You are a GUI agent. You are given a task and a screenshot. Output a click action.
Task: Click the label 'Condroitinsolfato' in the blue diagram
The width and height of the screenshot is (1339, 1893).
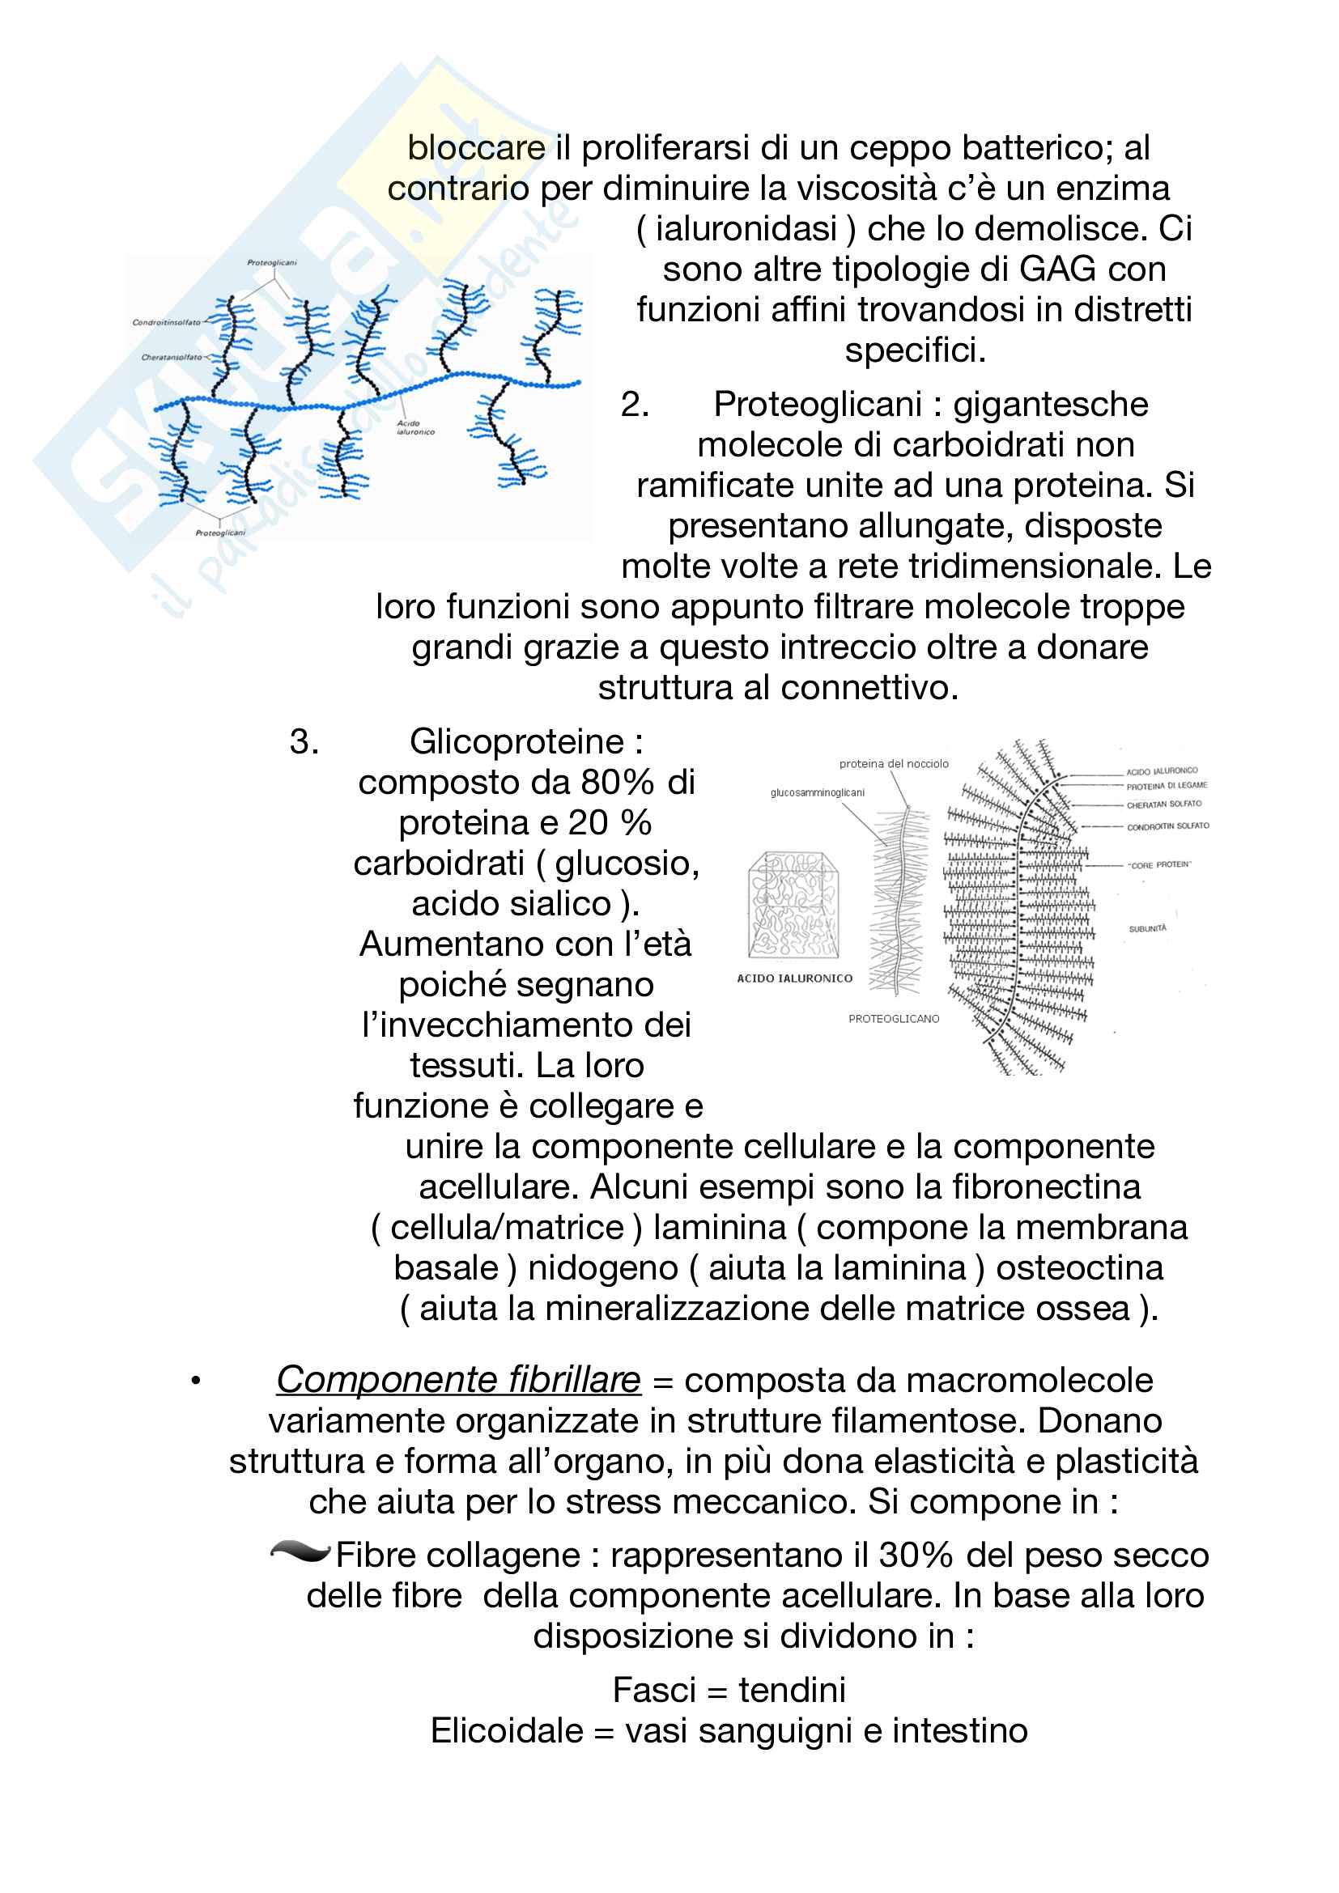point(166,322)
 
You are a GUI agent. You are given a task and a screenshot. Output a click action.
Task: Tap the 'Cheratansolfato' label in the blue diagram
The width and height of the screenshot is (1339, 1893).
point(171,358)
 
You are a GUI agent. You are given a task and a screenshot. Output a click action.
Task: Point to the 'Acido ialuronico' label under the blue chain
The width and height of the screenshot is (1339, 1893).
point(414,427)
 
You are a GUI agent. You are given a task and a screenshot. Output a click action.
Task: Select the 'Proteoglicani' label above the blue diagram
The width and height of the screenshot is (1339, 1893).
point(271,263)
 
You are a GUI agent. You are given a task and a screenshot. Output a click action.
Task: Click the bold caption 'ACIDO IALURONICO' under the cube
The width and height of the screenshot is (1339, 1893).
point(794,978)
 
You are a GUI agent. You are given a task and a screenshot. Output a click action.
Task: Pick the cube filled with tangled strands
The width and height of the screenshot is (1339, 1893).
point(793,905)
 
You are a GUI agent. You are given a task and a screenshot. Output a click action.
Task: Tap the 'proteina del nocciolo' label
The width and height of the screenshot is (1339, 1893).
point(894,764)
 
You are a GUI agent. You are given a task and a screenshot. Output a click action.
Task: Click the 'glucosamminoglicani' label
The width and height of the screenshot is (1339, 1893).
point(817,793)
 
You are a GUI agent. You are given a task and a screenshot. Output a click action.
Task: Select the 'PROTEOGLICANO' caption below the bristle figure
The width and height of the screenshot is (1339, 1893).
point(894,1019)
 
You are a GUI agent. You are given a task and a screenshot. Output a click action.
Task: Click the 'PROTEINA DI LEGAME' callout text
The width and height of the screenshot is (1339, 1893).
point(1167,786)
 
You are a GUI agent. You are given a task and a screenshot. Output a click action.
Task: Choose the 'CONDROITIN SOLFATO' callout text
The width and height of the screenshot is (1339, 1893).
point(1167,826)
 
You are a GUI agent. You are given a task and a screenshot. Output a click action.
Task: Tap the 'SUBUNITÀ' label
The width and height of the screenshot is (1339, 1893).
point(1148,929)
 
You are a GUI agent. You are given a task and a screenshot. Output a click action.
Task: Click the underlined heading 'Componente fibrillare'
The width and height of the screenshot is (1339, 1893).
point(457,1379)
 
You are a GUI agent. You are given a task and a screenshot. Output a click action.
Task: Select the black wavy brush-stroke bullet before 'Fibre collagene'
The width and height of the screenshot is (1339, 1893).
point(300,1552)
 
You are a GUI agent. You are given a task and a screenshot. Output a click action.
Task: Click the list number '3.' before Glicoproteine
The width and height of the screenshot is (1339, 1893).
point(304,742)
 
